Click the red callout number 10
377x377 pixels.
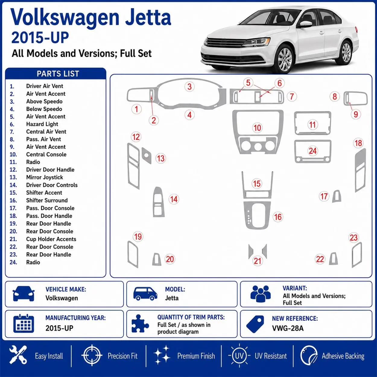[x=257, y=128]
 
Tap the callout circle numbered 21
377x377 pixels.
[x=257, y=261]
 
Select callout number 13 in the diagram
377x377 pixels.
[x=161, y=158]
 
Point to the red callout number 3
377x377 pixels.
[x=189, y=87]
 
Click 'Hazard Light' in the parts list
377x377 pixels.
[x=42, y=124]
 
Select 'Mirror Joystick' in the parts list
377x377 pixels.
[x=45, y=177]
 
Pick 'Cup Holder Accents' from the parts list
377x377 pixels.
[x=51, y=239]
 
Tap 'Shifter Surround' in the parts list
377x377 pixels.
[x=47, y=200]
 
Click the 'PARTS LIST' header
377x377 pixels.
[x=58, y=74]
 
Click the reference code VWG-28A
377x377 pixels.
[x=288, y=328]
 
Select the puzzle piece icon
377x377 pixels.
[x=140, y=324]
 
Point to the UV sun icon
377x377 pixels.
[x=239, y=356]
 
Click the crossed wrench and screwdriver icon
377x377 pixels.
[x=18, y=356]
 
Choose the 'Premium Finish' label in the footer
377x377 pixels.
[x=196, y=356]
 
